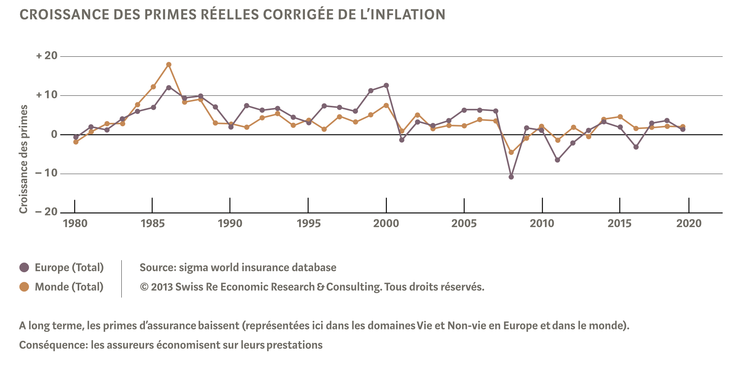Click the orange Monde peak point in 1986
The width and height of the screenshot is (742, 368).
click(x=168, y=64)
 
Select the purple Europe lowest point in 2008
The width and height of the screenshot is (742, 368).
click(x=511, y=177)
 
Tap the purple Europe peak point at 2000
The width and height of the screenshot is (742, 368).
click(x=386, y=85)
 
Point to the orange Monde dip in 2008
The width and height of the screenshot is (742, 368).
click(x=511, y=153)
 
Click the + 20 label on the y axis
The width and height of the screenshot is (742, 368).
click(x=47, y=56)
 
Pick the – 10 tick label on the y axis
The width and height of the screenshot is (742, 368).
click(x=46, y=173)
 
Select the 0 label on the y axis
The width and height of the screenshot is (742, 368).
click(x=54, y=134)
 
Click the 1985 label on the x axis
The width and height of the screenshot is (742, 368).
click(x=153, y=223)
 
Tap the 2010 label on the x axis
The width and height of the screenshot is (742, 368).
click(x=542, y=223)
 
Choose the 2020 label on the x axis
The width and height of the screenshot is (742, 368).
click(x=689, y=223)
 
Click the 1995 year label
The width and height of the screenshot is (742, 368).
click(x=308, y=223)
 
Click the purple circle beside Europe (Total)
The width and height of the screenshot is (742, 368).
click(x=24, y=268)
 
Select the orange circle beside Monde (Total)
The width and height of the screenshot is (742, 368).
click(x=24, y=287)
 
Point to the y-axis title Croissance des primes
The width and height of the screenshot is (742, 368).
click(x=24, y=159)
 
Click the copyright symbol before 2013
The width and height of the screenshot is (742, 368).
click(x=144, y=287)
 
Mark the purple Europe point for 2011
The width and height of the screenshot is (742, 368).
click(x=557, y=160)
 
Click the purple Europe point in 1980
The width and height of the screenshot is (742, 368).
click(x=76, y=137)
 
